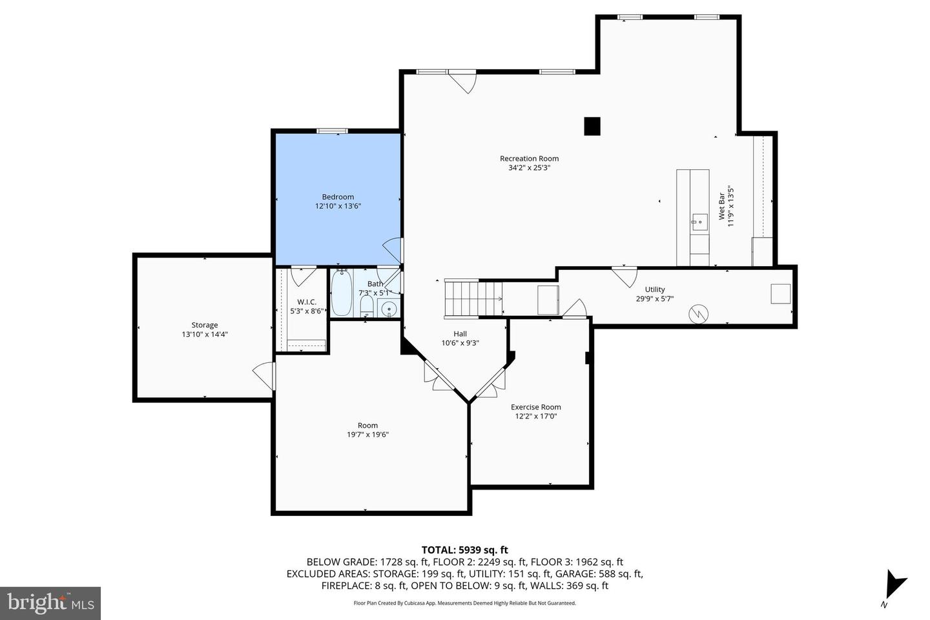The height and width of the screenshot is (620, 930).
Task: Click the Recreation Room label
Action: [x=529, y=159]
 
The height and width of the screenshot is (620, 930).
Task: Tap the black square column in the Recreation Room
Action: [x=592, y=126]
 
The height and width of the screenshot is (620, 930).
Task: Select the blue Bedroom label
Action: [x=338, y=197]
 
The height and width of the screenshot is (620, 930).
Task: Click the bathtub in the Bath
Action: [x=342, y=293]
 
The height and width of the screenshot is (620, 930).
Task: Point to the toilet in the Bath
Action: [x=366, y=305]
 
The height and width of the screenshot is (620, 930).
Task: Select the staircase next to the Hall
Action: [x=473, y=298]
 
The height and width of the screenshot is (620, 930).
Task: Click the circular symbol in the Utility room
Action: [x=698, y=315]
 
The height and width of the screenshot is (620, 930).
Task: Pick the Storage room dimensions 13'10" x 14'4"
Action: [x=205, y=335]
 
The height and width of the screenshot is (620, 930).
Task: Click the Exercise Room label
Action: [x=535, y=407]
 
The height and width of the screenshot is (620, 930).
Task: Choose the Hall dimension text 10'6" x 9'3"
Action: [x=460, y=343]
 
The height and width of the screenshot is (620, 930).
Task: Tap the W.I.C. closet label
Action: [x=307, y=302]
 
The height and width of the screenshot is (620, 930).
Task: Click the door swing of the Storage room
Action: [x=263, y=376]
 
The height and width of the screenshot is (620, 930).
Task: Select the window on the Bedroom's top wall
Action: [x=332, y=131]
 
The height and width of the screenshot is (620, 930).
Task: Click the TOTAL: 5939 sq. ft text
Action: [x=464, y=550]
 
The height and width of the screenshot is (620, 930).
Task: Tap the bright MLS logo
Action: [x=50, y=603]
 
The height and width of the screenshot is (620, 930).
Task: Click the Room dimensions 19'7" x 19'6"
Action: [x=368, y=435]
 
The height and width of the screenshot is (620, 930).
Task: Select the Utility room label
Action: [x=655, y=289]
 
